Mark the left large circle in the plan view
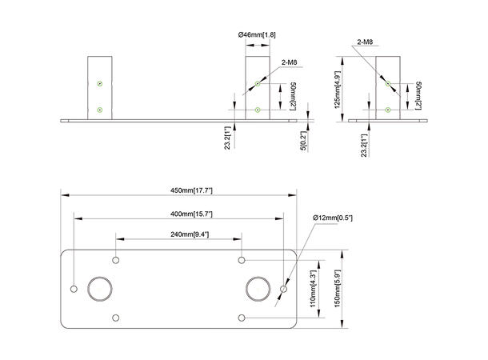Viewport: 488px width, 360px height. [102, 288]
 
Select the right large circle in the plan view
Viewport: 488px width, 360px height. [258, 288]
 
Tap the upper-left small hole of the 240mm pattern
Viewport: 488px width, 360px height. [116, 260]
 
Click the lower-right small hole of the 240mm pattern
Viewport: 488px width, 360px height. [241, 318]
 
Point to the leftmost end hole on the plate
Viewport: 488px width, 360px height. [74, 288]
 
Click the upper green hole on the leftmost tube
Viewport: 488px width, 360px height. [98, 83]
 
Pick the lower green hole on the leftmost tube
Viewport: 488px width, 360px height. [98, 109]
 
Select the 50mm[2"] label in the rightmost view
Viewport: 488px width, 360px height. [418, 97]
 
